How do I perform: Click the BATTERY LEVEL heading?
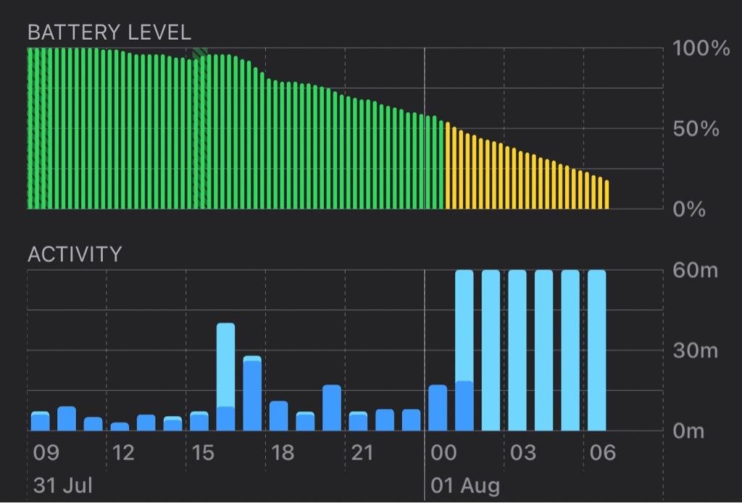(x=109, y=32)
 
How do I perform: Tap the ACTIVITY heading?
(x=74, y=254)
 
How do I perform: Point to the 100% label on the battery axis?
(x=701, y=49)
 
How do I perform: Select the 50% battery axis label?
(x=696, y=130)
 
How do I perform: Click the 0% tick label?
(x=690, y=210)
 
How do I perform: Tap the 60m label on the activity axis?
(x=695, y=271)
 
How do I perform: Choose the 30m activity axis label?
(x=695, y=351)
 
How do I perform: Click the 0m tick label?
(x=688, y=431)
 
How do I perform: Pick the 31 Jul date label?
(x=63, y=484)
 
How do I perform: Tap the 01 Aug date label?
(x=464, y=484)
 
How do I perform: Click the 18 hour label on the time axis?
(x=283, y=453)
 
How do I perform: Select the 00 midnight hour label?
(x=443, y=453)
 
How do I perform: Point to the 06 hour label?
(x=602, y=453)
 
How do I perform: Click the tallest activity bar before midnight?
(x=226, y=376)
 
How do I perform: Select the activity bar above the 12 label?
(x=120, y=426)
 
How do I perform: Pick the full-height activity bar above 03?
(x=517, y=351)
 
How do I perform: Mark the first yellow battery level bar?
(x=447, y=166)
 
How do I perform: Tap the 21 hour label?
(x=362, y=453)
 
